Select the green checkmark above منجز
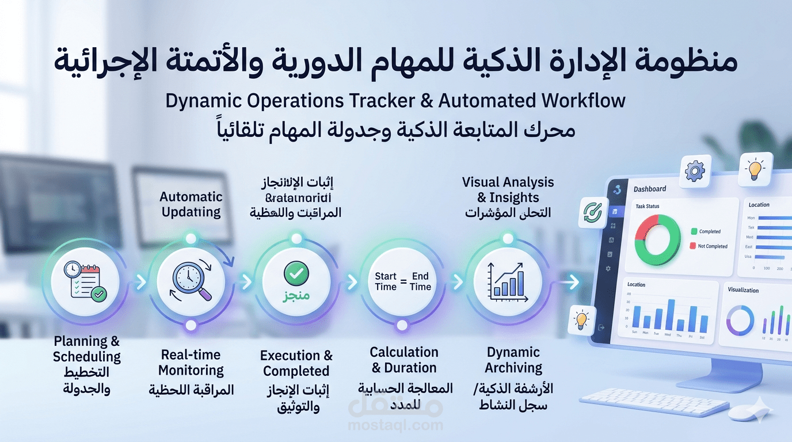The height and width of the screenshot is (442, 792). (x=296, y=272)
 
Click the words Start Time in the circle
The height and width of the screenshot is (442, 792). (x=386, y=281)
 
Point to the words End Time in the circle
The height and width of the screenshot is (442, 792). (x=420, y=281)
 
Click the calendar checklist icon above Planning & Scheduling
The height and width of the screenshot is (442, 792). (x=85, y=281)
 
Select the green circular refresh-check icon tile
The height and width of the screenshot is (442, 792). (x=592, y=212)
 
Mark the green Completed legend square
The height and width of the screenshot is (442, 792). (x=694, y=231)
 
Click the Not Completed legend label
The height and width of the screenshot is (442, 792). (x=713, y=246)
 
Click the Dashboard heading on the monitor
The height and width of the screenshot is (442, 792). (x=650, y=189)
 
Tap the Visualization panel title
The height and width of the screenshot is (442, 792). (x=743, y=290)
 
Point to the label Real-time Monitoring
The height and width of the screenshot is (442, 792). (x=191, y=363)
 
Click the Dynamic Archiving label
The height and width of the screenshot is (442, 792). (x=513, y=360)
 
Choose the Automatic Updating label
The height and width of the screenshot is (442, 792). (x=191, y=204)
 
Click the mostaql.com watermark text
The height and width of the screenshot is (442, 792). (x=395, y=426)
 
